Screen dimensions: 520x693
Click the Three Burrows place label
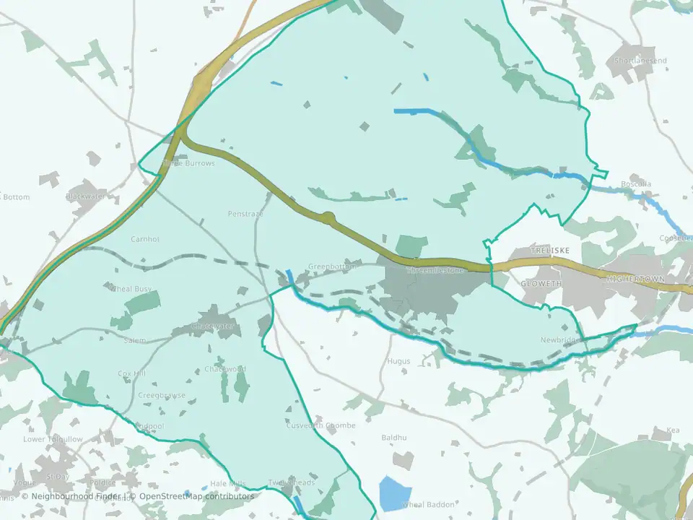pyautogui.click(x=189, y=163)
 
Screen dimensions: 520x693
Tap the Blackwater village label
pyautogui.click(x=85, y=196)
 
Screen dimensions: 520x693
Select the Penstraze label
pyautogui.click(x=245, y=214)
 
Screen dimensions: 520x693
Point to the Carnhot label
pyautogui.click(x=145, y=239)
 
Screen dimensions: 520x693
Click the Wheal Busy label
pyautogui.click(x=131, y=289)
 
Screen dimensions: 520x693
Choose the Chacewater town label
pyautogui.click(x=214, y=326)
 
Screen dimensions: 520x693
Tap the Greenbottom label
pyautogui.click(x=332, y=266)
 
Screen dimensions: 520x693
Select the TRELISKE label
pyautogui.click(x=549, y=250)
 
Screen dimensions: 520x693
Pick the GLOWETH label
pyautogui.click(x=541, y=285)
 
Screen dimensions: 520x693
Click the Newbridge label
pyautogui.click(x=559, y=340)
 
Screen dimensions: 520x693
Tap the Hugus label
pyautogui.click(x=398, y=361)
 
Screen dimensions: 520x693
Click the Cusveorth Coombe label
pyautogui.click(x=322, y=426)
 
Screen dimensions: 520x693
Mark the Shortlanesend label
pyautogui.click(x=640, y=61)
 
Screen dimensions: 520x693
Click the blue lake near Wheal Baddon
pyautogui.click(x=395, y=493)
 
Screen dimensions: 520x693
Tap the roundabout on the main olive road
pyautogui.click(x=328, y=217)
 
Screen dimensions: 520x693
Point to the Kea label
pyautogui.click(x=673, y=430)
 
